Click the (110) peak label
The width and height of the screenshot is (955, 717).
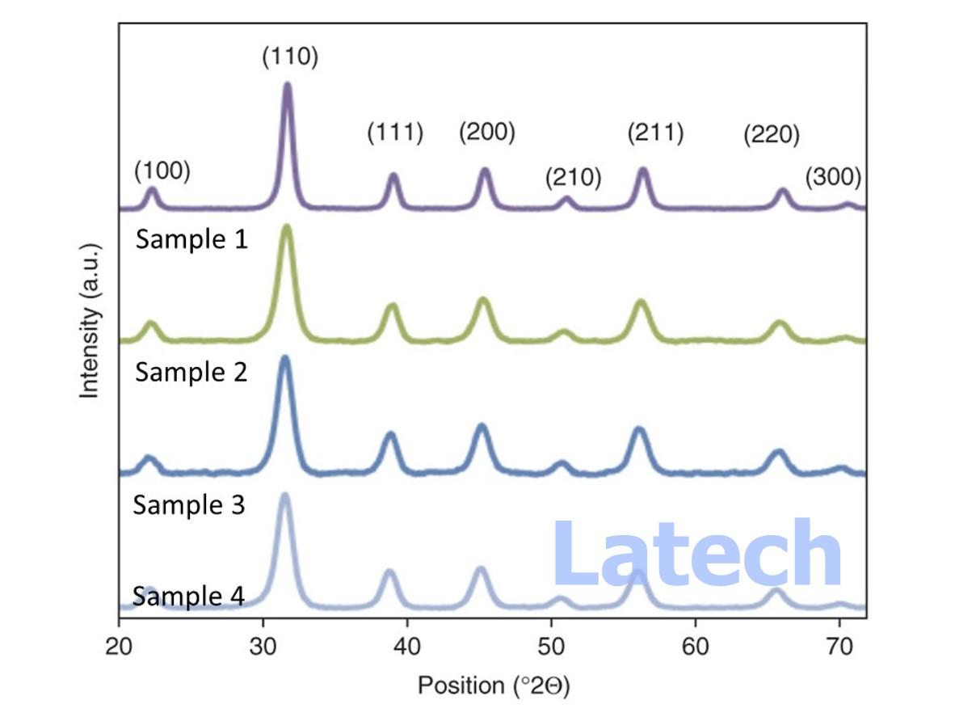290,57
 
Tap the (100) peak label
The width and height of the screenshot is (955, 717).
162,171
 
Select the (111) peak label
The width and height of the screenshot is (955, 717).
395,133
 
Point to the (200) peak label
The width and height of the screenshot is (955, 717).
487,132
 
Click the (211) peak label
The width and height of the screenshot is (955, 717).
656,132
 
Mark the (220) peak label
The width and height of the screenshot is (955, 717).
772,135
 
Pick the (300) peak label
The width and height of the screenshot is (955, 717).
833,176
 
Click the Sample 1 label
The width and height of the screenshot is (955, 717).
191,239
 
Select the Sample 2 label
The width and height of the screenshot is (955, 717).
191,373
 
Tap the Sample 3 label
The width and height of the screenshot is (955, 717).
189,505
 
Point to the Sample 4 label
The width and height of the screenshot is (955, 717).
189,597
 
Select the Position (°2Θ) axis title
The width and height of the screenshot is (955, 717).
493,686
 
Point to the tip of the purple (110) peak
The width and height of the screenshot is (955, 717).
287,84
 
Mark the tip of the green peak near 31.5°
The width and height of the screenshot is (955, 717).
286,227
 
